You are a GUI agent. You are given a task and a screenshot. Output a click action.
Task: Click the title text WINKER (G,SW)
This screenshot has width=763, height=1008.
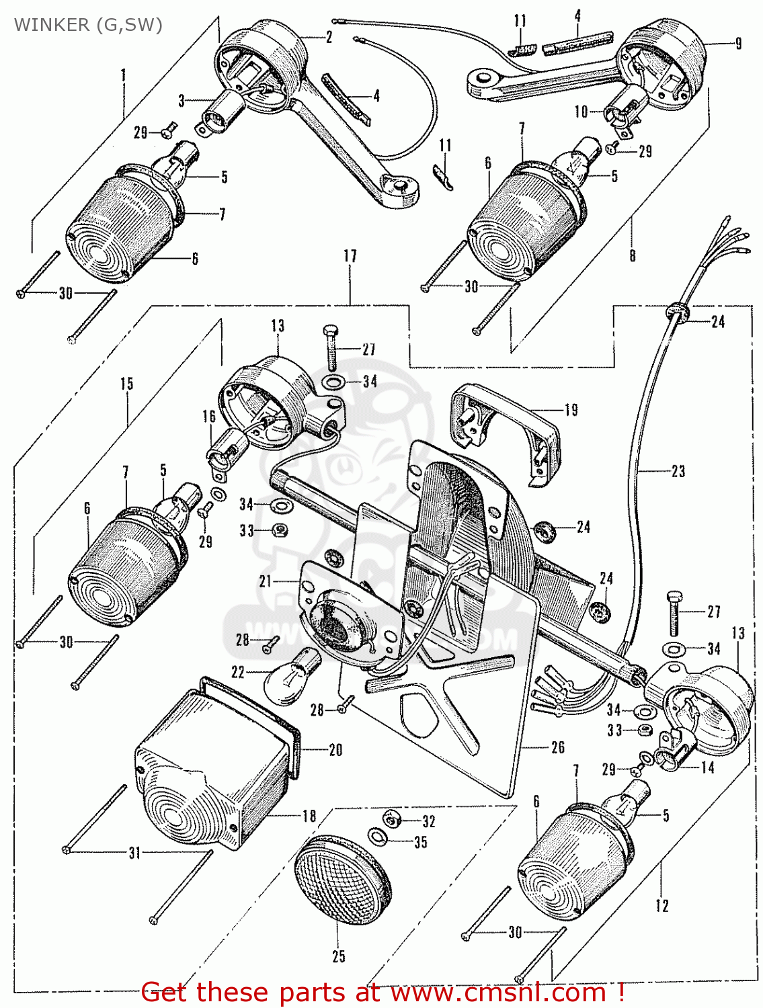point(88,25)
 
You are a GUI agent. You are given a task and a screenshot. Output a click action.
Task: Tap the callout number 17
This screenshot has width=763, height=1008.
point(350,256)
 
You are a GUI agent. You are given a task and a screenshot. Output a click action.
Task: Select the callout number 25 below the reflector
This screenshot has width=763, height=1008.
point(339,956)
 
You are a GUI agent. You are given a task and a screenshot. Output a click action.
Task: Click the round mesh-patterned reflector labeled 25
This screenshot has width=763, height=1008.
point(344,880)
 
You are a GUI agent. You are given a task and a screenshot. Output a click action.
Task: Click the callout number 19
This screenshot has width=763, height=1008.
point(571,410)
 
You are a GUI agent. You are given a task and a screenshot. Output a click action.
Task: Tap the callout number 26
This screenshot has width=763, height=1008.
point(557,747)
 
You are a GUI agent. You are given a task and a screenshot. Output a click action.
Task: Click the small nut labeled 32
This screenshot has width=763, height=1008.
point(393,819)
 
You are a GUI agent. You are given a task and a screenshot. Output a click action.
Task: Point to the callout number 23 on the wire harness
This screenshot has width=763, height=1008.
point(678,471)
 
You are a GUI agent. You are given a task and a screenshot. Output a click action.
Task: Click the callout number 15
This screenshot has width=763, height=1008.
point(127,384)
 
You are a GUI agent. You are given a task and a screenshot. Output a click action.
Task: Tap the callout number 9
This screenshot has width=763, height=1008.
point(738,44)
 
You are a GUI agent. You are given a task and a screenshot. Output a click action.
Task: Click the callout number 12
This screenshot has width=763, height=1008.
point(661,906)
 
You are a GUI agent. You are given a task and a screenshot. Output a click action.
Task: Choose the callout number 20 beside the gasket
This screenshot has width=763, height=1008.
point(335,750)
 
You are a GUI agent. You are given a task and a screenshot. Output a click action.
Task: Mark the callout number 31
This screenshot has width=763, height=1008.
point(135,853)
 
